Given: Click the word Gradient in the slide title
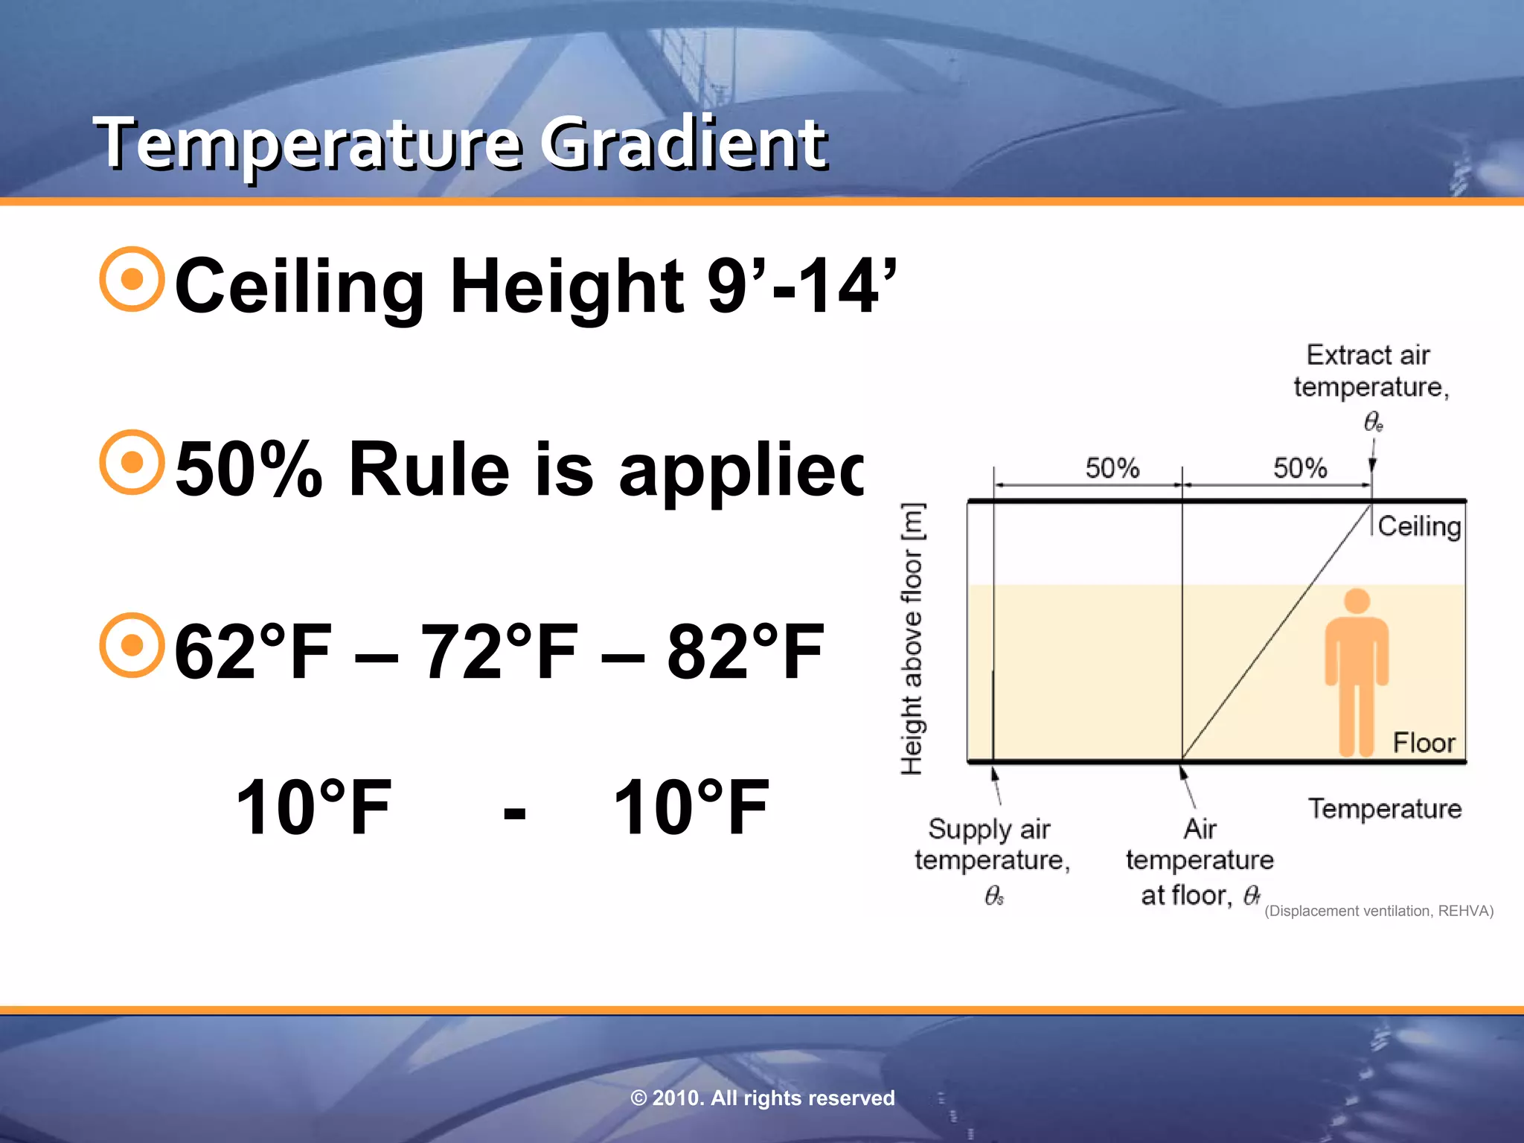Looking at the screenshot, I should [x=683, y=143].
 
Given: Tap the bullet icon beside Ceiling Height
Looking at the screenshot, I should [x=132, y=279].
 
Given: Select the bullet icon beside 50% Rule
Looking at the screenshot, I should [x=132, y=462].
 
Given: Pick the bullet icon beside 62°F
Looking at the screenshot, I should [x=132, y=645].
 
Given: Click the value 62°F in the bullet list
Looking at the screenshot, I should [x=253, y=652].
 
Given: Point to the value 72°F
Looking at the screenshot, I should [x=499, y=652].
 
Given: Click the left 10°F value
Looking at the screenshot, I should [x=313, y=808].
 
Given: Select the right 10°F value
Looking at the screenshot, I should [x=691, y=808].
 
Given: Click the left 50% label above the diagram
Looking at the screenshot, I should [x=1112, y=468].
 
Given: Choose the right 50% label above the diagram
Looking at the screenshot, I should [x=1300, y=468].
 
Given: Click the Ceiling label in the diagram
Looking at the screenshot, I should [x=1419, y=526].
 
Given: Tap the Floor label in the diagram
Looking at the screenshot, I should [x=1424, y=743].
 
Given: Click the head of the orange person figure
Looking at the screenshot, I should [x=1357, y=601].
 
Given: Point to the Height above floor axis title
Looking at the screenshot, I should [x=912, y=638].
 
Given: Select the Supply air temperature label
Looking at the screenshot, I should [x=991, y=845].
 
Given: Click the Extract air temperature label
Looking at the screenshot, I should [x=1371, y=371].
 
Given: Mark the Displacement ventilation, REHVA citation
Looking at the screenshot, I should [x=1379, y=911].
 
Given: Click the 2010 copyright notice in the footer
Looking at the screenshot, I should [x=762, y=1098].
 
